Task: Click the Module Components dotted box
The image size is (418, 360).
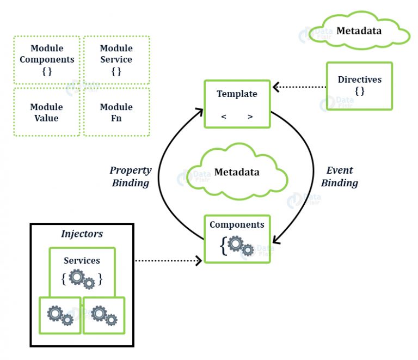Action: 46,60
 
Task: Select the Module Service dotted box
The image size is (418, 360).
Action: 116,60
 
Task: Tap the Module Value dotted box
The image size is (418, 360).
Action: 46,112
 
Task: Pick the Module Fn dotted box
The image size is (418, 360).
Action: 116,112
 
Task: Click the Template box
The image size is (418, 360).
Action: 237,104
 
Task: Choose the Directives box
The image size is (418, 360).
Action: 359,86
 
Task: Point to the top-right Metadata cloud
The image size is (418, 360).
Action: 359,31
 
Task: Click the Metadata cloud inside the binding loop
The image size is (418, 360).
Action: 237,173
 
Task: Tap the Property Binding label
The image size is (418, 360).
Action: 131,176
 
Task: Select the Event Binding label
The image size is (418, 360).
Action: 340,176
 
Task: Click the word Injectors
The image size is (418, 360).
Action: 82,234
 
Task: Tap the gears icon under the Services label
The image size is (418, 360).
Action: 82,279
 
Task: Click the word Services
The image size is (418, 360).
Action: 82,260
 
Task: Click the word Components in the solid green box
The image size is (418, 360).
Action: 237,224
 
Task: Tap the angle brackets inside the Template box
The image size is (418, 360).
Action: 237,117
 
